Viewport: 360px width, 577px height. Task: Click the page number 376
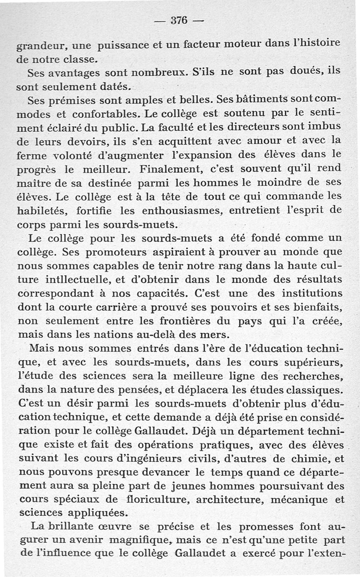coord(179,20)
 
